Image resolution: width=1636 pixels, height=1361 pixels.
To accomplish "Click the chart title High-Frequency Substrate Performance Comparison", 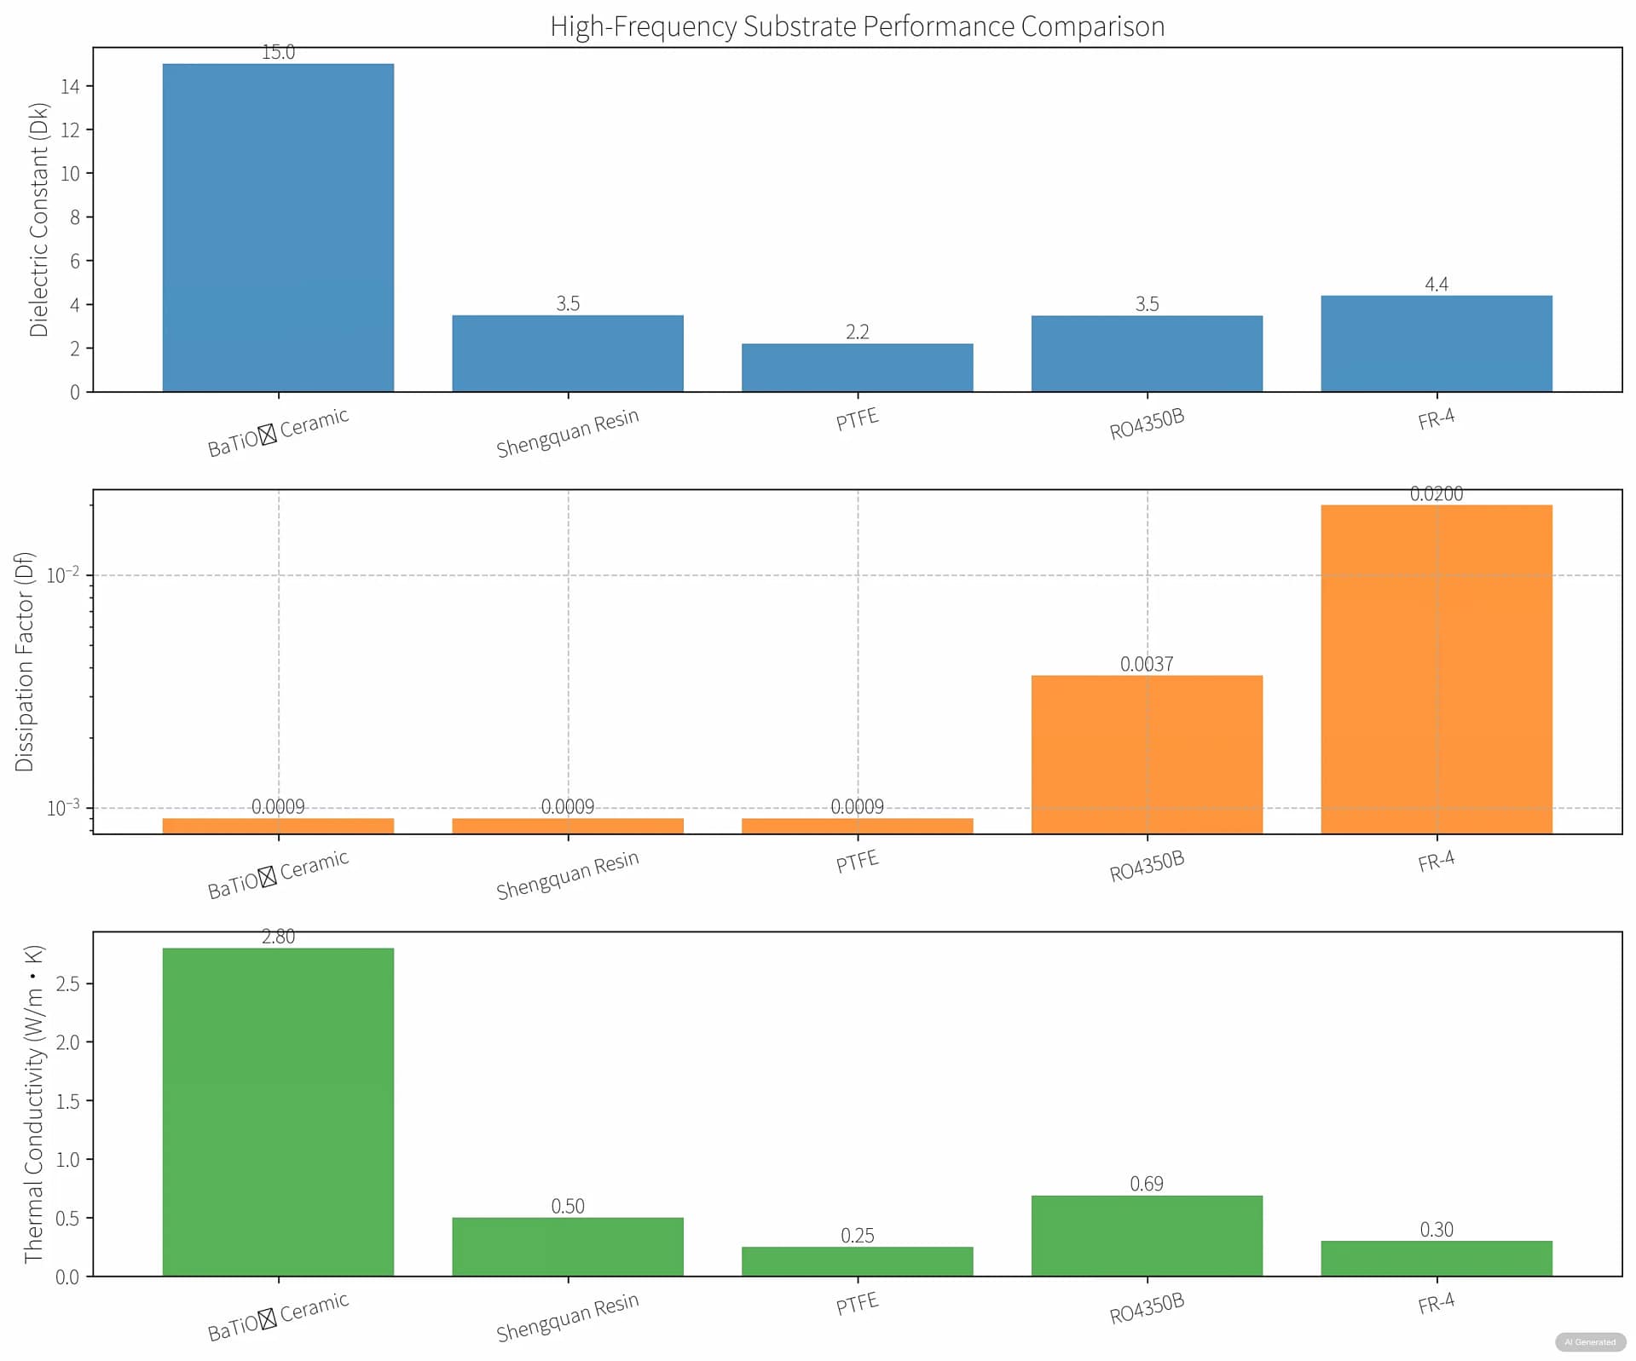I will [x=857, y=26].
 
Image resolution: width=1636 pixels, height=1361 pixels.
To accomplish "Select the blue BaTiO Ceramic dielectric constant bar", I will [x=278, y=228].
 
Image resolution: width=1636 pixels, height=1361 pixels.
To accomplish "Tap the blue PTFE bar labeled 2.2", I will [x=857, y=367].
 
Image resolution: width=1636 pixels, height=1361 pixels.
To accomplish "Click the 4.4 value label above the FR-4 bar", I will [x=1436, y=284].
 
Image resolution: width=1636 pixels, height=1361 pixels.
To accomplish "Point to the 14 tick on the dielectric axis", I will [x=70, y=86].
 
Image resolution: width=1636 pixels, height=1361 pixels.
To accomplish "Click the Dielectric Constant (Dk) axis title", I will [x=38, y=220].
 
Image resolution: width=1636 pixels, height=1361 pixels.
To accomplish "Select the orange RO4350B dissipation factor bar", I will [x=1146, y=753].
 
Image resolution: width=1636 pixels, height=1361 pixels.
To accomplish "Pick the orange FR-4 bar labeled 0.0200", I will [x=1436, y=668].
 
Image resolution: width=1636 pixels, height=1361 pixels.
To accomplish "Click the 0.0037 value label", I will [x=1146, y=664].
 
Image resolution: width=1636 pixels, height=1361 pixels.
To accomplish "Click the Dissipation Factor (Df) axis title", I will [x=24, y=662].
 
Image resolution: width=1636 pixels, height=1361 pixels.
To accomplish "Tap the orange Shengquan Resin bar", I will [x=567, y=825].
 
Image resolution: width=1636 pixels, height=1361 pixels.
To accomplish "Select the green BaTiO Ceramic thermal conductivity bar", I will [x=278, y=1111].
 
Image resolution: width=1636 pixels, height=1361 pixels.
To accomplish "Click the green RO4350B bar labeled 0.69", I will [x=1146, y=1235].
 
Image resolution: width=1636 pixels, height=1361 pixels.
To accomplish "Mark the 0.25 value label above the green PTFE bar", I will [x=857, y=1235].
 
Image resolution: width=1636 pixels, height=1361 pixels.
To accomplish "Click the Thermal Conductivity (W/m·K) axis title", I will [x=33, y=1104].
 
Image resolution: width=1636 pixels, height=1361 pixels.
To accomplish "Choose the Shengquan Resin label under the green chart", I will [x=567, y=1317].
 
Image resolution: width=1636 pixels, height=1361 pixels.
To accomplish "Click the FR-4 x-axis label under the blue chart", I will [x=1436, y=419].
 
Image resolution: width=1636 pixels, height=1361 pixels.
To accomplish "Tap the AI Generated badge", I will [x=1589, y=1342].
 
